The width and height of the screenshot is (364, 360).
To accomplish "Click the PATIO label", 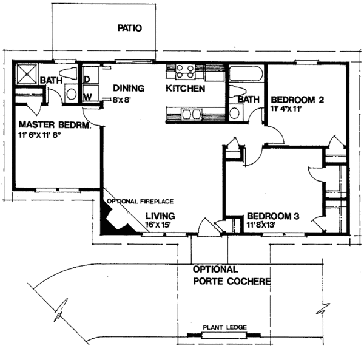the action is coord(130,28).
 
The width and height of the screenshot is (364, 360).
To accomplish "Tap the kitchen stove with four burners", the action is coord(185,72).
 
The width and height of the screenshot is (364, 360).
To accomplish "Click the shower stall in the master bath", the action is coord(27,74).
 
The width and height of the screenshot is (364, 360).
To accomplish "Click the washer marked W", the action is coord(90,93).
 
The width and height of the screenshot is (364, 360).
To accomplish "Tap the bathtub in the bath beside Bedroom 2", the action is coord(246,74).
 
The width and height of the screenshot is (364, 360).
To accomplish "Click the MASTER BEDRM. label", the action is coord(55,125).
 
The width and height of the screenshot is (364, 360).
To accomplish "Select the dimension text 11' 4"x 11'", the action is coord(286,109).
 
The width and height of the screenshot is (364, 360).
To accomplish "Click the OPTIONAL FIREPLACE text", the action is coord(140,201).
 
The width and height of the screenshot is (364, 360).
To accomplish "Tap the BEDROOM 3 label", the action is coord(273,216).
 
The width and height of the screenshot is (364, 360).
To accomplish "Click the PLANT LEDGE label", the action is coord(224,327).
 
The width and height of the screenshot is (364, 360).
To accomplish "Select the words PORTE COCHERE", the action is coord(232,281).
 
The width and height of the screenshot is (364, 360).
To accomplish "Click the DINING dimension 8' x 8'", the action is coord(122,100).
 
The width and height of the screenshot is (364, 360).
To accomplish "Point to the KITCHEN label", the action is coord(186,89).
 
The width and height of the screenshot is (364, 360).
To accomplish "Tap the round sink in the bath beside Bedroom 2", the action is coord(234,113).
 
